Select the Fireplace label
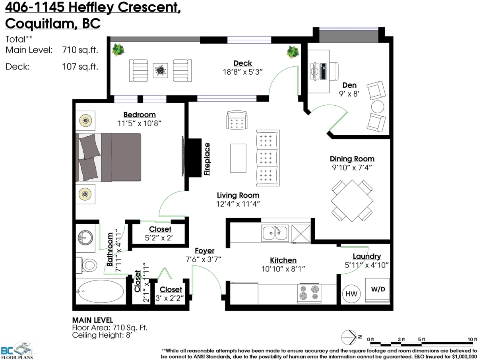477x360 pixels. [x=206, y=159]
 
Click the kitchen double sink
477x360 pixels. [x=275, y=232]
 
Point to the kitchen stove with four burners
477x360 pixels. [x=309, y=294]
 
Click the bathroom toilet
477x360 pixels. [x=87, y=265]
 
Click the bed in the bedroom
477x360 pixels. [x=109, y=157]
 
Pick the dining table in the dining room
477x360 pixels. [x=352, y=201]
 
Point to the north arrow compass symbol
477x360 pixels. [x=349, y=337]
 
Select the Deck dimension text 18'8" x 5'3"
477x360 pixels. [x=242, y=72]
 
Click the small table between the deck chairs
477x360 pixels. [x=161, y=70]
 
